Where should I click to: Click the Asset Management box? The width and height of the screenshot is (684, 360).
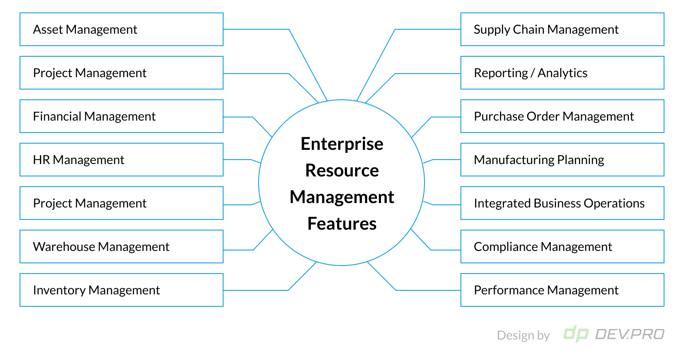tap(121, 29)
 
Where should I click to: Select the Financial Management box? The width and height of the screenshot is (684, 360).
tap(121, 116)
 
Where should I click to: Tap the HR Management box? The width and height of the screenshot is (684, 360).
tap(121, 160)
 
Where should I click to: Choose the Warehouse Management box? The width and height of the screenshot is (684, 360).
tap(121, 247)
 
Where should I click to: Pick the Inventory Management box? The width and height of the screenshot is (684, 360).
tap(121, 290)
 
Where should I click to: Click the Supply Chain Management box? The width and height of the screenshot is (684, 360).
tap(562, 29)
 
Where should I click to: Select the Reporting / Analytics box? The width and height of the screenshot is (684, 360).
tap(562, 73)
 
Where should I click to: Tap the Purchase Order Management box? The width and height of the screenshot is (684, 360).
tap(562, 116)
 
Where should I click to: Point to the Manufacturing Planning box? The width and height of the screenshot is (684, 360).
tap(562, 160)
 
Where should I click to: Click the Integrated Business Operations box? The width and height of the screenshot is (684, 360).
tap(562, 203)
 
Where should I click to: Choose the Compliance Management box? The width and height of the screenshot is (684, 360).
tap(562, 247)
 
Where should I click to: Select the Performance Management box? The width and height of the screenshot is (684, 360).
tap(562, 290)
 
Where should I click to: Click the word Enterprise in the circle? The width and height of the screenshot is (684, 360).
tap(342, 144)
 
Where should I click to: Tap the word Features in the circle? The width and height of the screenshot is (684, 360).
tap(342, 224)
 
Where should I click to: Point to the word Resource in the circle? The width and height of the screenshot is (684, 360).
tap(342, 171)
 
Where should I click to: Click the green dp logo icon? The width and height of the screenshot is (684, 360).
tap(576, 334)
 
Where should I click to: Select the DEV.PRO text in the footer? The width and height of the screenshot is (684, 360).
tap(629, 334)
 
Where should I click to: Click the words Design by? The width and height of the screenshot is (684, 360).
tap(523, 336)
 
